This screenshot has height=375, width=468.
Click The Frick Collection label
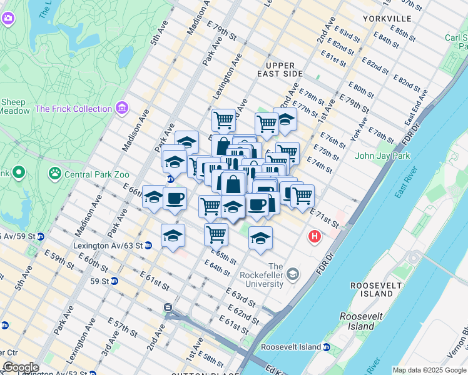[x=74, y=109]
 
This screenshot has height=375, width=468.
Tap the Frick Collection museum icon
[x=121, y=109]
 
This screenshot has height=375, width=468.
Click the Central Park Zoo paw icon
[x=56, y=172]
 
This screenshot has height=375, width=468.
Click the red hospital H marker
[x=314, y=237]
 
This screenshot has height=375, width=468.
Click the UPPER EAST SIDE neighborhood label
[x=283, y=69]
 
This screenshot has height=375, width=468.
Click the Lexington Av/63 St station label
[x=108, y=246]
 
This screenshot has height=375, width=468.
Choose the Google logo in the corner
[x=21, y=367]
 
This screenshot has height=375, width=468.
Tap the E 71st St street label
[x=323, y=219]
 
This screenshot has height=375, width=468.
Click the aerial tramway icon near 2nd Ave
[x=168, y=307]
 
